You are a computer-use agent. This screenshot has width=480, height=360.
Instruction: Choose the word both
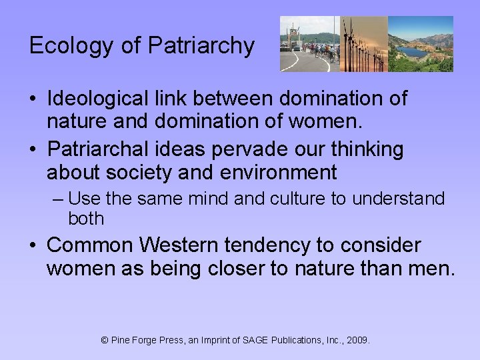click(x=86, y=218)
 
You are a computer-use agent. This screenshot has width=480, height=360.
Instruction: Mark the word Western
click(x=176, y=246)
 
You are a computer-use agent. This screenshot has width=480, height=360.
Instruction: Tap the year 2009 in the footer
click(x=357, y=341)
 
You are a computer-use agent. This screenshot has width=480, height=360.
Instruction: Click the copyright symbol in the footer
click(x=104, y=341)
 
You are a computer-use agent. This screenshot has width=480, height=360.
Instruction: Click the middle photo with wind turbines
click(x=363, y=44)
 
